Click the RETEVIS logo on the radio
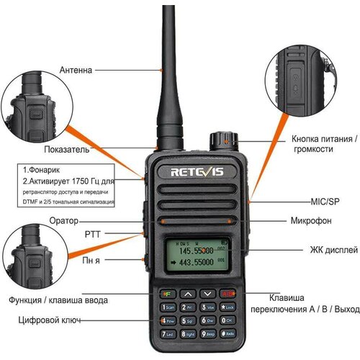click(x=194, y=172)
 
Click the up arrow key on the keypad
click(x=186, y=294)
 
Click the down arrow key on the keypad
click(x=207, y=294)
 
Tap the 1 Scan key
click(x=168, y=307)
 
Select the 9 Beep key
click(x=208, y=334)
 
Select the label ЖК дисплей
click(x=333, y=250)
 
